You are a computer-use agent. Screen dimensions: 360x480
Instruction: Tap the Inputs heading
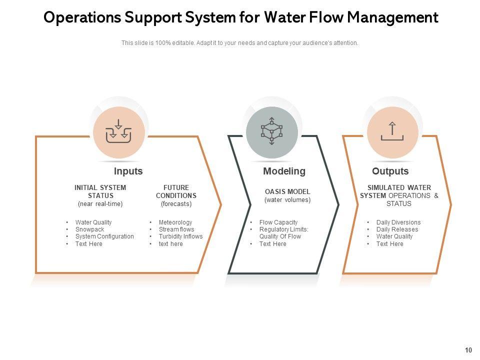pyautogui.click(x=128, y=171)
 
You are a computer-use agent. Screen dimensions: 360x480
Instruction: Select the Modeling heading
pyautogui.click(x=284, y=171)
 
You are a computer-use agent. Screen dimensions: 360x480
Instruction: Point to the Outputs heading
pyautogui.click(x=390, y=171)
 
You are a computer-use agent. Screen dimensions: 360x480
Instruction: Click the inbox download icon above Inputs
pyautogui.click(x=118, y=132)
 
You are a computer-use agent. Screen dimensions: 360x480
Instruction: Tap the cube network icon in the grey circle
pyautogui.click(x=272, y=131)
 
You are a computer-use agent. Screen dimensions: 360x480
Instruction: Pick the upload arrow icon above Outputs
pyautogui.click(x=392, y=131)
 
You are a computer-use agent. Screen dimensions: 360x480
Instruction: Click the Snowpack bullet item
pyautogui.click(x=90, y=229)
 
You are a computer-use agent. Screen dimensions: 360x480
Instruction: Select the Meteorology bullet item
pyautogui.click(x=175, y=222)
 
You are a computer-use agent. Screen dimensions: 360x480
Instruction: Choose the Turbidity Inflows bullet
pyautogui.click(x=180, y=236)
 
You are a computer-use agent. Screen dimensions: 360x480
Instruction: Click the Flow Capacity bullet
pyautogui.click(x=278, y=222)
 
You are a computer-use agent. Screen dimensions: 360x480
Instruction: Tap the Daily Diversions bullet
pyautogui.click(x=398, y=222)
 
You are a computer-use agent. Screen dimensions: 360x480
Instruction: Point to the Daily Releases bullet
pyautogui.click(x=397, y=229)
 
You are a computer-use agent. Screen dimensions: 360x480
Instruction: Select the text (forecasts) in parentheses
pyautogui.click(x=176, y=204)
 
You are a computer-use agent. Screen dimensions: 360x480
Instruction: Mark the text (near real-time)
pyautogui.click(x=100, y=204)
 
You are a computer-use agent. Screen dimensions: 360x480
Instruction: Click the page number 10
pyautogui.click(x=468, y=350)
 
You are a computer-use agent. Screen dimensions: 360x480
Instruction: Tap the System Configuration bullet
pyautogui.click(x=104, y=236)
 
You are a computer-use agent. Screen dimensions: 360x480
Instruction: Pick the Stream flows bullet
pyautogui.click(x=176, y=229)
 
